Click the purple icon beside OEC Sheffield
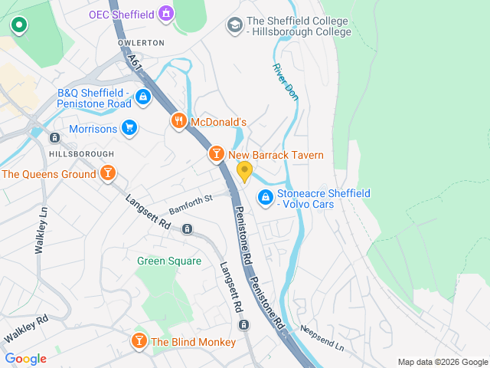pyautogui.click(x=165, y=14)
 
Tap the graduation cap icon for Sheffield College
pyautogui.click(x=234, y=26)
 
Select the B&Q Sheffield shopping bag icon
pyautogui.click(x=142, y=97)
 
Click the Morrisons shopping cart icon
pyautogui.click(x=129, y=129)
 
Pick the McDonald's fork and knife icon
pyautogui.click(x=178, y=121)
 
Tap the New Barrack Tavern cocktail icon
pyautogui.click(x=217, y=155)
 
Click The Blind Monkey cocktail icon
pyautogui.click(x=139, y=341)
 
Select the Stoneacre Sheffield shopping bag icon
pyautogui.click(x=265, y=198)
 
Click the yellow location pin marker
pyautogui.click(x=244, y=171)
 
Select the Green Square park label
pyautogui.click(x=169, y=261)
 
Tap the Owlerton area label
pyautogui.click(x=141, y=43)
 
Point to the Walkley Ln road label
pyautogui.click(x=41, y=231)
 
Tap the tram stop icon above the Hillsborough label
pyautogui.click(x=54, y=138)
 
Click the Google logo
pyautogui.click(x=25, y=359)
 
